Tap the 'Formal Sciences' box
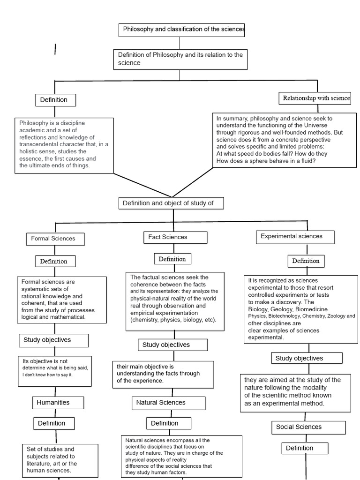coord(55,239)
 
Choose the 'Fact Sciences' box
coord(175,237)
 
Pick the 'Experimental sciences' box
coord(295,236)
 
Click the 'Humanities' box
coord(58,402)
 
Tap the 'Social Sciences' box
coord(308,427)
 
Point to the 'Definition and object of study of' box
coord(171,203)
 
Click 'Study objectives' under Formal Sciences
coord(53,340)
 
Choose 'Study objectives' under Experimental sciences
coord(307,358)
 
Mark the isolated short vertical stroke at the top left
coord(55,49)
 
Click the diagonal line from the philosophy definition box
coord(143,185)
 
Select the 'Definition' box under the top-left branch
coord(55,100)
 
